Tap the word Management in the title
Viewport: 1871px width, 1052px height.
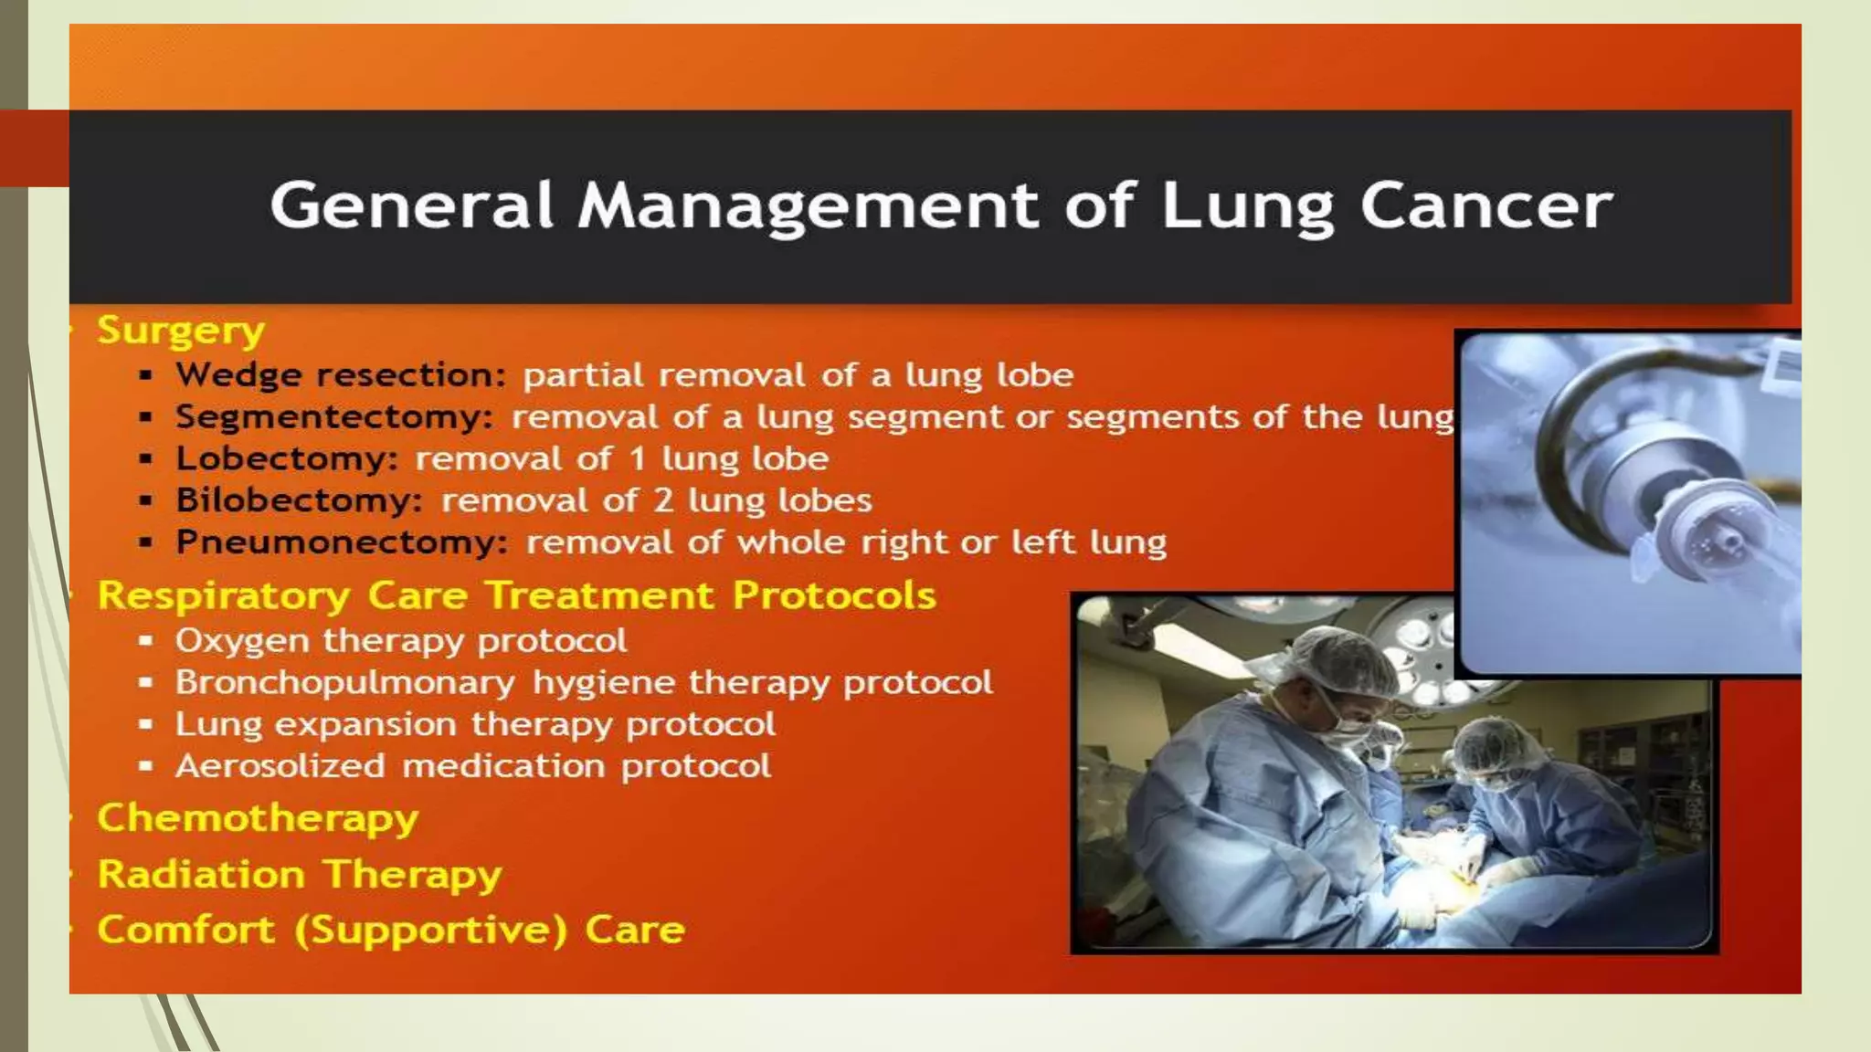coord(809,206)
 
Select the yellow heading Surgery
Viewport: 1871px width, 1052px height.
coord(181,331)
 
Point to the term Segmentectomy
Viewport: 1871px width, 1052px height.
coord(334,417)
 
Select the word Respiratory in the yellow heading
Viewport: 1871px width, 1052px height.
coord(224,596)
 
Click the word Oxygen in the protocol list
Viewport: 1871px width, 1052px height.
coord(242,641)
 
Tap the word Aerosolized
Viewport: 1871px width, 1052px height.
coord(280,766)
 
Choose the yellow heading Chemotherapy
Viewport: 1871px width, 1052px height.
coord(258,818)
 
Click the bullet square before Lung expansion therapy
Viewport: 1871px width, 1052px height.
coord(145,725)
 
